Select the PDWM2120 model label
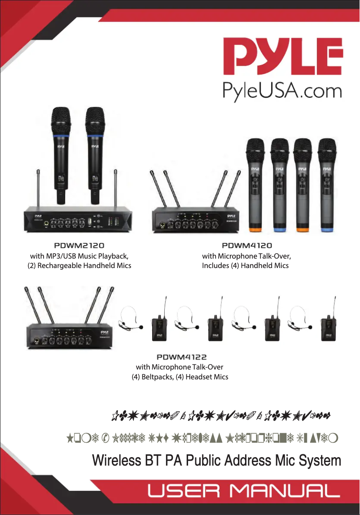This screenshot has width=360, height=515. (79, 246)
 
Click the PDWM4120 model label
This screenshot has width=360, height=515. (247, 246)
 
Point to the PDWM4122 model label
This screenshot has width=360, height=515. (181, 357)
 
